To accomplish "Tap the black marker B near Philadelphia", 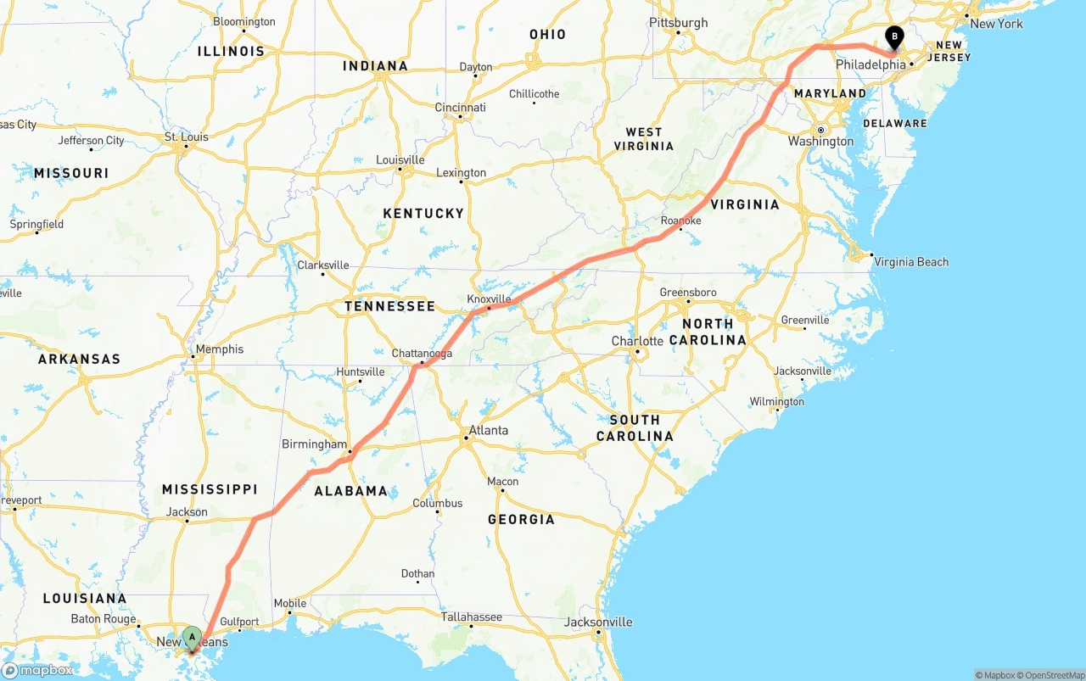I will click(x=893, y=37).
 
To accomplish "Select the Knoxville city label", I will click(x=490, y=299).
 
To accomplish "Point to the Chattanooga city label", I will click(x=422, y=354).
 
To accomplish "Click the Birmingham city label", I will click(x=314, y=444).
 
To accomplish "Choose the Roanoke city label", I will click(x=680, y=220).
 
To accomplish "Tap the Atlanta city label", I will click(x=489, y=431).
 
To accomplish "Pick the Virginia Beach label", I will click(x=911, y=262).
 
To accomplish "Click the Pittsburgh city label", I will click(x=678, y=23).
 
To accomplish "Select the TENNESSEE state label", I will click(x=389, y=306).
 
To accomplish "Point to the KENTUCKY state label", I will click(x=423, y=214).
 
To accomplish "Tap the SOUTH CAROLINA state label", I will click(x=635, y=428).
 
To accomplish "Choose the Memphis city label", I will click(x=219, y=349).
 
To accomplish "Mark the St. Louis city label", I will click(x=187, y=137).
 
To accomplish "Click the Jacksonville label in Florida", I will click(x=598, y=622).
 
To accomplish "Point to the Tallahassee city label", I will click(x=471, y=617).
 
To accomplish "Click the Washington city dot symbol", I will click(x=821, y=130).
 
